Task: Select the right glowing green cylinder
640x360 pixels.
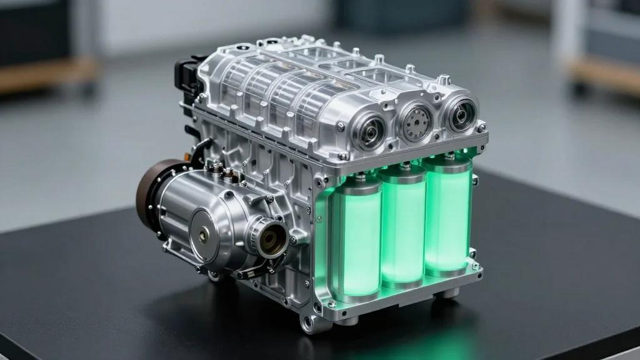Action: pyautogui.click(x=447, y=216)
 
